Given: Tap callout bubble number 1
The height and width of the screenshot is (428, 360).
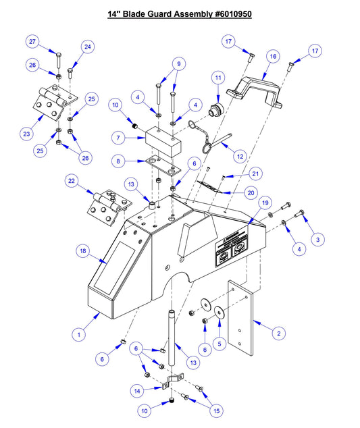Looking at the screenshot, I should (79, 333).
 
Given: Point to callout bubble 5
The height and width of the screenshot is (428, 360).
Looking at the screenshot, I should (217, 344).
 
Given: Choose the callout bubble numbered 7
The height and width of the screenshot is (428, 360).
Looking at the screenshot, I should (117, 138).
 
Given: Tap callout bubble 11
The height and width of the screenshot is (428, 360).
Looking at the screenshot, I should (217, 78).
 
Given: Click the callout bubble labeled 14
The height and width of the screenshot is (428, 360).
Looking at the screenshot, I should (137, 390).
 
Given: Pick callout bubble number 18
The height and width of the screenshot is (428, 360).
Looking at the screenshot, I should (83, 251).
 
